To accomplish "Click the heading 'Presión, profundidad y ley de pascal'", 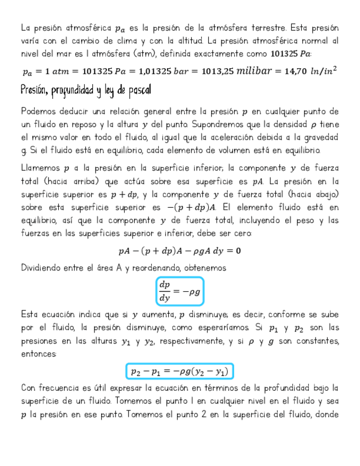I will (85, 90).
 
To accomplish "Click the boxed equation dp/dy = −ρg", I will (180, 291).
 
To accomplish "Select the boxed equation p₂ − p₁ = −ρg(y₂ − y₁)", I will (180, 372).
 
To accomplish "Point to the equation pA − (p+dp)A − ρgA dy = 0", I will (180, 251).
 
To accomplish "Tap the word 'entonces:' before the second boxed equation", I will (38, 354).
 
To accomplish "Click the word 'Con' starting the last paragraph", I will (28, 387).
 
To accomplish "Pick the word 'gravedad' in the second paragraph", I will (320, 137).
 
